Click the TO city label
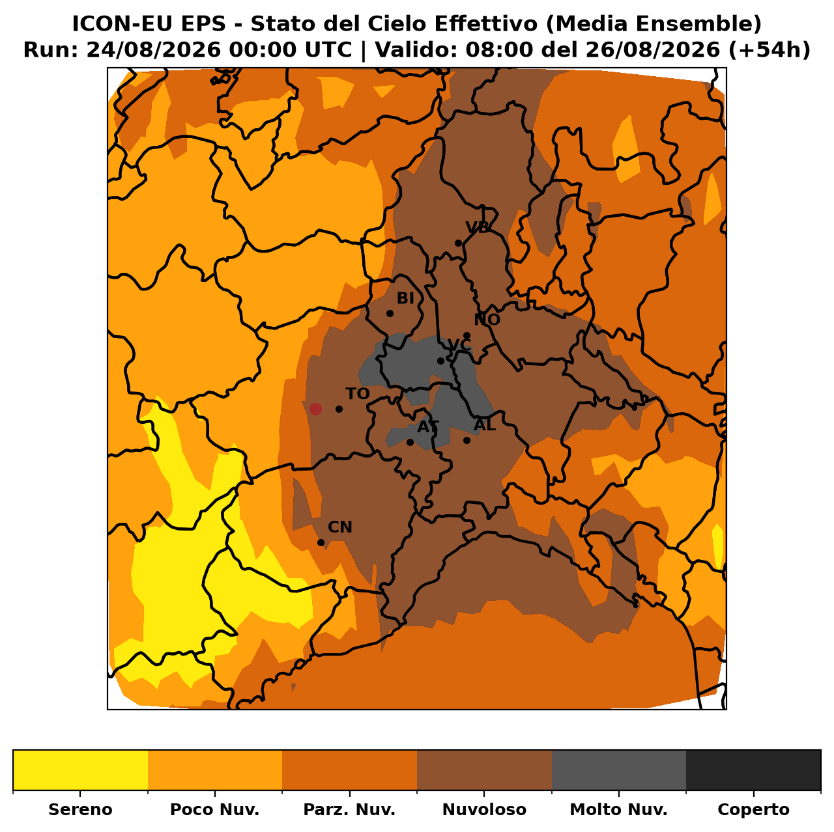357,394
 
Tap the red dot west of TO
315,409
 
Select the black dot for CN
321,543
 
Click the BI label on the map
405,298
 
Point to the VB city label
477,227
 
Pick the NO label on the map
487,320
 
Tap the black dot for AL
467,440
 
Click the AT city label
428,427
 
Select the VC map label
459,346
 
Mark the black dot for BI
390,313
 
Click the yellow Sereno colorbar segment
81,770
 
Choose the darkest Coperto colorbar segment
753,770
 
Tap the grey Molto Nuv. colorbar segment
619,770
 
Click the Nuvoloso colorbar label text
484,809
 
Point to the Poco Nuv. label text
214,809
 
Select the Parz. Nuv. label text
349,809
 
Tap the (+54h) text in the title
769,50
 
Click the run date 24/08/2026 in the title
154,50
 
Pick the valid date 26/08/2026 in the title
653,50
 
